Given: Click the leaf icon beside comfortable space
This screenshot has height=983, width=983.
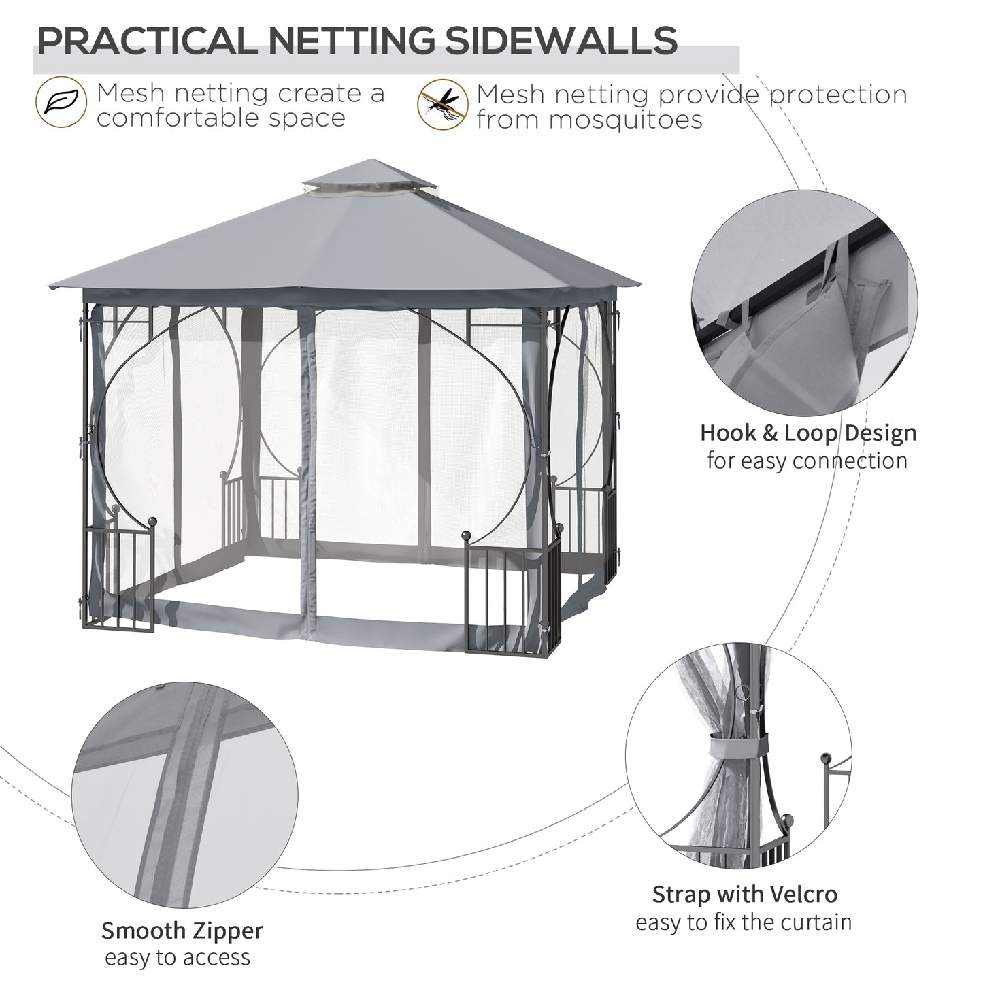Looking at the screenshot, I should point(61,103).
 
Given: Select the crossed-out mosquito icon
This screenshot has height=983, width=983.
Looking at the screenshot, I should point(442,104).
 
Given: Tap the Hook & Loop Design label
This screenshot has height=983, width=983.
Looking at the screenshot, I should point(808,433).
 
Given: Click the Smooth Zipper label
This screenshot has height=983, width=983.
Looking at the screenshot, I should point(182,929).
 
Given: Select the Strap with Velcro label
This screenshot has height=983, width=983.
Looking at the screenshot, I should point(744,894).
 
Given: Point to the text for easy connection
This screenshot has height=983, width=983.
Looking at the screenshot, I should point(807,461).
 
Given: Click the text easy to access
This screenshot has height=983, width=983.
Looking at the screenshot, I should point(178,957).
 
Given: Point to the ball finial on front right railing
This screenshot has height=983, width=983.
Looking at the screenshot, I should point(467,537).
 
